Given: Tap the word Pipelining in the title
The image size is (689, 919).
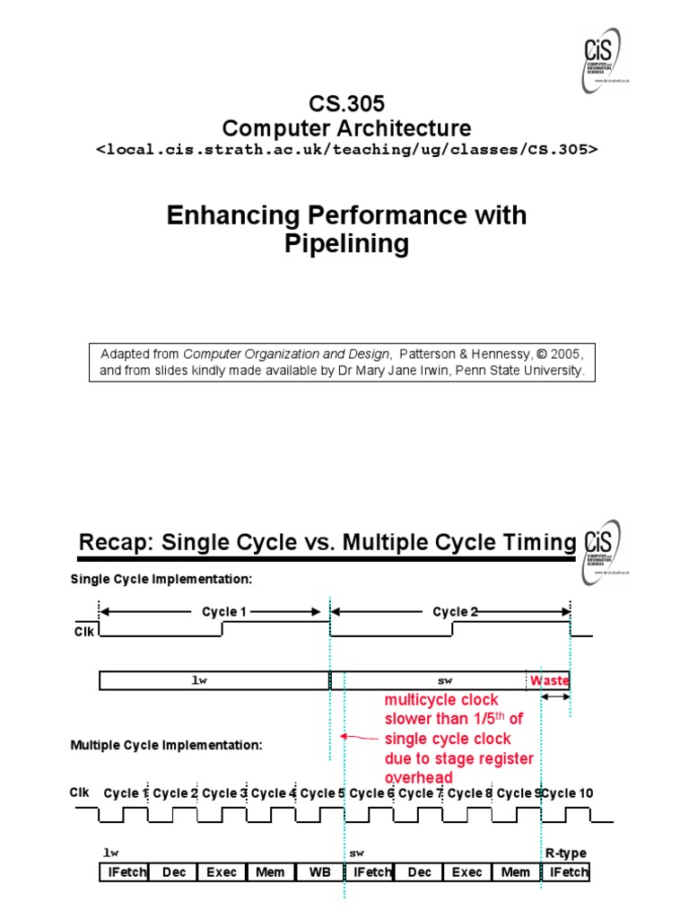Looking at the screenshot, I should tap(346, 243).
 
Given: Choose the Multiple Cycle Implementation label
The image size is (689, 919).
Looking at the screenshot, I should tap(166, 745).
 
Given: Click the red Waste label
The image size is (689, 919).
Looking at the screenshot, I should tap(549, 680).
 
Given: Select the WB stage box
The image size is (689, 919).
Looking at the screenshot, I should tap(319, 872).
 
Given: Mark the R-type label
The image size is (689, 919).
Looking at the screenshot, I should tap(566, 853).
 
